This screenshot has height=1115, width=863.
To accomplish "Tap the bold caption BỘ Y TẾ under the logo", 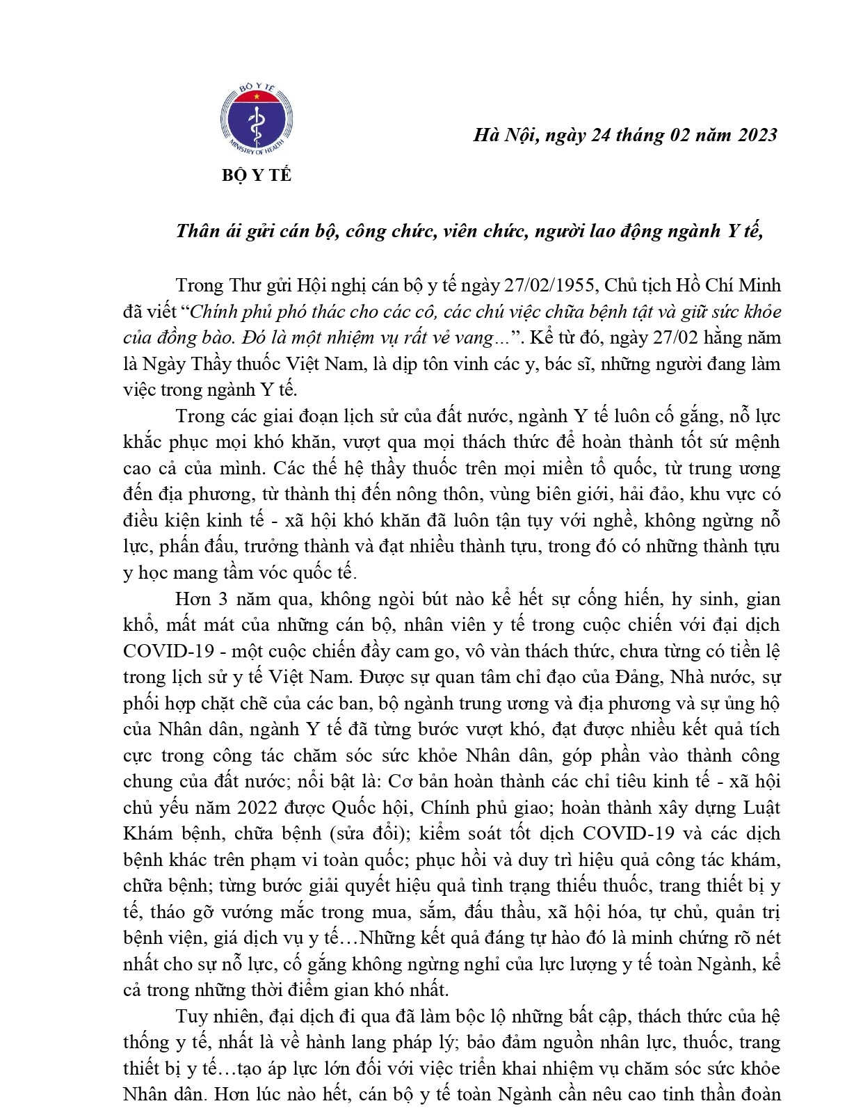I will coord(257,175).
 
